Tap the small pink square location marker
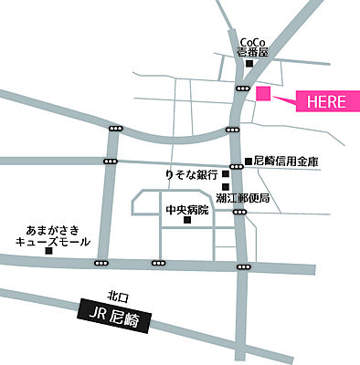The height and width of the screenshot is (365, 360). click(263, 93)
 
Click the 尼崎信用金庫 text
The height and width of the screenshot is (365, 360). click(290, 162)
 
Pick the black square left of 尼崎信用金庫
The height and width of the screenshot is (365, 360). click(249, 162)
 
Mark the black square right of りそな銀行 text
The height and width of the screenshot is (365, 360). click(225, 174)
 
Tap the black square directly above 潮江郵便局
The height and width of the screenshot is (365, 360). click(225, 186)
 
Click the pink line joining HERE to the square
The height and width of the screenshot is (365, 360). click(282, 98)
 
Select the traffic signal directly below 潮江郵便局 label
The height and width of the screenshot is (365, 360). click(240, 212)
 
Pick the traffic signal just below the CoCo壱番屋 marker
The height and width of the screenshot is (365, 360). click(242, 88)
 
